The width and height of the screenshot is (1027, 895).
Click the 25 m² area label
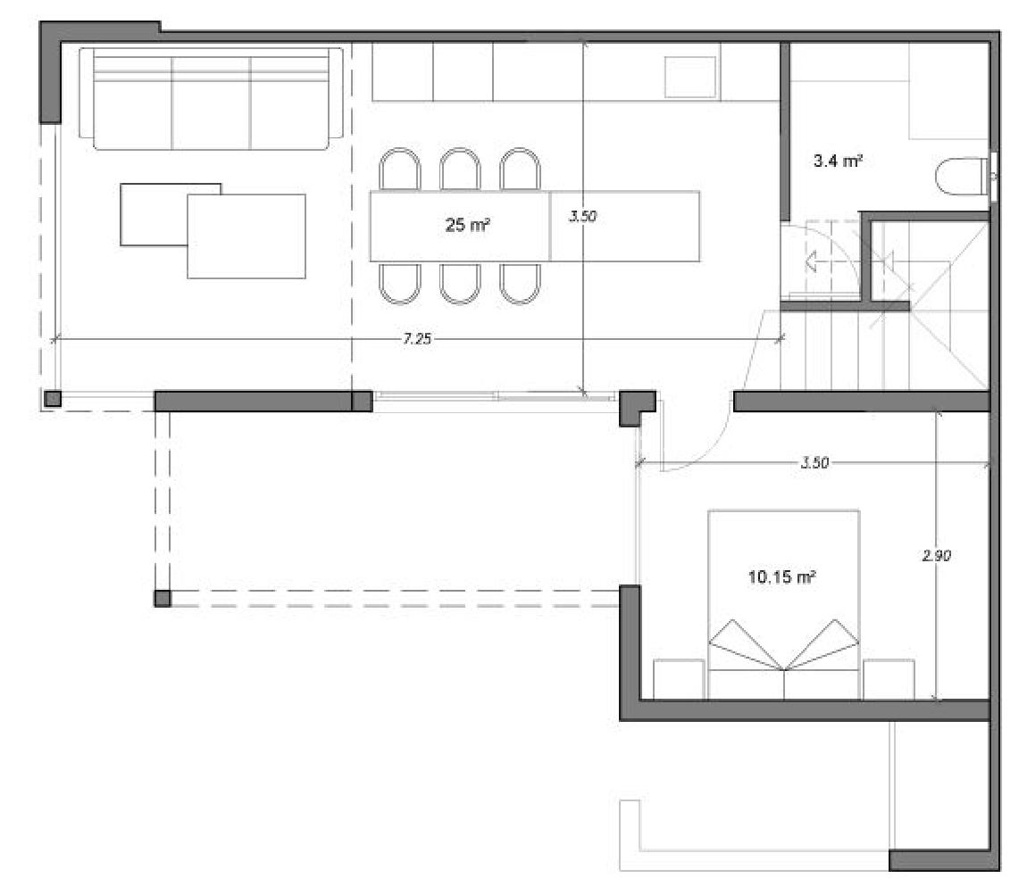click(x=468, y=226)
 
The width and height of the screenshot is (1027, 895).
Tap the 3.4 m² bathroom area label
click(x=837, y=161)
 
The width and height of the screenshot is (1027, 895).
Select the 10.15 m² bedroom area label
click(x=781, y=577)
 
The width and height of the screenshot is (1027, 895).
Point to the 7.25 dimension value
click(x=417, y=339)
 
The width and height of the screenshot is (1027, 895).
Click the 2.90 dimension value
click(x=937, y=555)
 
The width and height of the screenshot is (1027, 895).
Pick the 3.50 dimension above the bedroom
click(x=814, y=462)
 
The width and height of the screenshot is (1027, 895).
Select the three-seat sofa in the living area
click(x=211, y=98)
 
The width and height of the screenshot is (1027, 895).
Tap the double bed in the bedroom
click(x=783, y=604)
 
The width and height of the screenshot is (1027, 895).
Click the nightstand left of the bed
click(x=679, y=680)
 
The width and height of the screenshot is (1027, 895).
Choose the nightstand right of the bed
click(x=889, y=680)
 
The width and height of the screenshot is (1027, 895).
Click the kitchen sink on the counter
click(x=690, y=78)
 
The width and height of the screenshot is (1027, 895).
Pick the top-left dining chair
click(x=399, y=170)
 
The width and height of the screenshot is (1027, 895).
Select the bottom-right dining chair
click(x=520, y=283)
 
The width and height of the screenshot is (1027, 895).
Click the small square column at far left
click(x=53, y=399)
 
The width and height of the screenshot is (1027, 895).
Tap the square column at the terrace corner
click(x=163, y=598)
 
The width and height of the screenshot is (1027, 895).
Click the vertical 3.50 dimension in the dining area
click(x=582, y=217)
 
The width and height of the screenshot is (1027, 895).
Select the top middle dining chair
click(x=460, y=170)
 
